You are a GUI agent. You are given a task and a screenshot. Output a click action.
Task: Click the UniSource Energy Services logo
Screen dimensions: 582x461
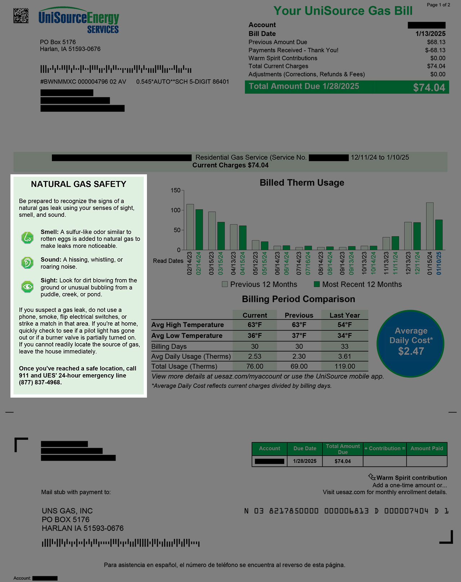coord(79,21)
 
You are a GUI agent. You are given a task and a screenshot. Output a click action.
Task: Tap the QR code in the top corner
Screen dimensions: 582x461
coord(21,15)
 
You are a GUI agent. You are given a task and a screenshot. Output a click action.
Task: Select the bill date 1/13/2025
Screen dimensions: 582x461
coord(430,34)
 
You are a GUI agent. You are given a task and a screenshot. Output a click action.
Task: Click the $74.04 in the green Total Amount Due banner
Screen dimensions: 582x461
coord(429,88)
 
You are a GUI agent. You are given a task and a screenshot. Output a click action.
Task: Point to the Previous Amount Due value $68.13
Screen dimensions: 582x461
coord(436,42)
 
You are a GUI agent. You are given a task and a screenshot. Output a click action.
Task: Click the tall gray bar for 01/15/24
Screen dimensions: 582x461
coord(430,226)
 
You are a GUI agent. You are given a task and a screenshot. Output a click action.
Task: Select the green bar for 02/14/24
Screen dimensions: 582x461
coord(199,230)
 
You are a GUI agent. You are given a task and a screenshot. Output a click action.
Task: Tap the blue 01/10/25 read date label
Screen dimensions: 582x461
coord(439,263)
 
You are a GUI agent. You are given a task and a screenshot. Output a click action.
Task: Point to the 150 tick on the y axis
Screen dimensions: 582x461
coord(176,190)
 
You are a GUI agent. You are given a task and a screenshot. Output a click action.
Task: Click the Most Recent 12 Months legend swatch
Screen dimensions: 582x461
coord(317,284)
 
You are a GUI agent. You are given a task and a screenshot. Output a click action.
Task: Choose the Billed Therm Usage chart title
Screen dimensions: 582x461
coord(302,183)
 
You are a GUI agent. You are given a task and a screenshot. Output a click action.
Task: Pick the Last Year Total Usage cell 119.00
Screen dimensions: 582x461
coord(345,366)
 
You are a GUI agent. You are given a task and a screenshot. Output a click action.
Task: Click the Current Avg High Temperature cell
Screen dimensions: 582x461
coord(255,325)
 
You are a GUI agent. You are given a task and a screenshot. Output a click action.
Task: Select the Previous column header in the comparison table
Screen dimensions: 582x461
coord(299,315)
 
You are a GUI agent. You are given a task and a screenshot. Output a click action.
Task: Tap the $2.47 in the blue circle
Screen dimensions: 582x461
coord(411,351)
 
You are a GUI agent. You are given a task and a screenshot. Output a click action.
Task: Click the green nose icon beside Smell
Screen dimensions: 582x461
coord(27,238)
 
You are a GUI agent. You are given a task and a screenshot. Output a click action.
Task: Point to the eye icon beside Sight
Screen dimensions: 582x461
coord(27,287)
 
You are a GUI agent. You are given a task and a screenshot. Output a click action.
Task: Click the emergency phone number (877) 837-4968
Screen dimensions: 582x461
coord(40,382)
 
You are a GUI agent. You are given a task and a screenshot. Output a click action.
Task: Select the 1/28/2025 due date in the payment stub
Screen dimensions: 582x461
coord(305,461)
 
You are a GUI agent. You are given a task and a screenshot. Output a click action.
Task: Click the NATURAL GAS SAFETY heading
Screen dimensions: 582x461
coord(79,184)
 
